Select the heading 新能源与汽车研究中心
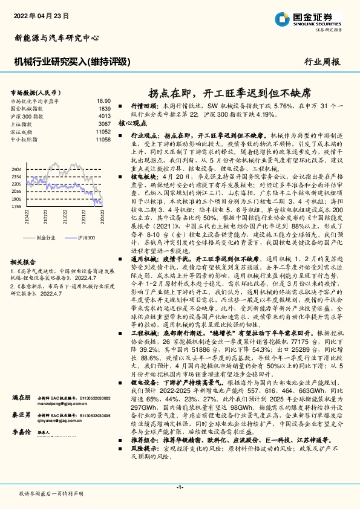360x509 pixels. pyautogui.click(x=56, y=37)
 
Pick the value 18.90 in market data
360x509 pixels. pyautogui.click(x=103, y=101)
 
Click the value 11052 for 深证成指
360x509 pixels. pyautogui.click(x=103, y=131)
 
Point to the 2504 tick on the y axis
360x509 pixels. pyautogui.click(x=17, y=169)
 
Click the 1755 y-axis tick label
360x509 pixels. pyautogui.click(x=17, y=206)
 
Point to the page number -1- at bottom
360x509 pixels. pyautogui.click(x=180, y=487)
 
